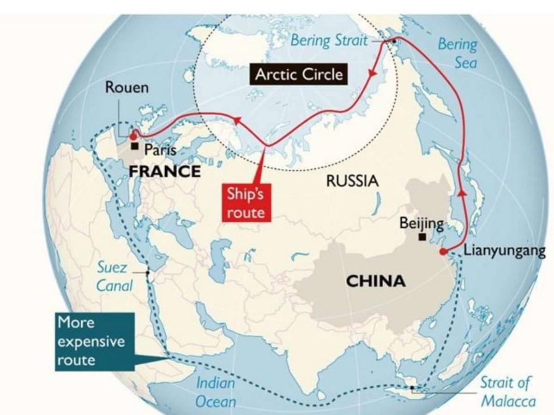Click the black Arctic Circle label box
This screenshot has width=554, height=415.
(x=299, y=74)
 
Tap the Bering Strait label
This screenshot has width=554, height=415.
(x=329, y=41)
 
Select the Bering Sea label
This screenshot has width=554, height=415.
(x=458, y=53)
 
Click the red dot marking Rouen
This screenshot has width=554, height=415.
(x=133, y=136)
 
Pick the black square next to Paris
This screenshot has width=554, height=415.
(x=135, y=147)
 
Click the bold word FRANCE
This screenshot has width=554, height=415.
(x=164, y=172)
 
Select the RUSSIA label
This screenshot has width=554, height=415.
(x=352, y=181)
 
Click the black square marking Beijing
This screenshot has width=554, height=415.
(x=422, y=237)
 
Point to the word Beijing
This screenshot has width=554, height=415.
(x=421, y=224)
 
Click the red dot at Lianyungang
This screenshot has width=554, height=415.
(x=443, y=252)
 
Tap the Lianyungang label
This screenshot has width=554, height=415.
(x=504, y=251)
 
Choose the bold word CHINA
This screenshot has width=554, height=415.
(x=376, y=280)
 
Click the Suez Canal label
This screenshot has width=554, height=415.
(x=114, y=277)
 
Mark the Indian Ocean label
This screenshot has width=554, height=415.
(x=216, y=392)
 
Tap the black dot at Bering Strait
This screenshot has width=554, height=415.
(x=394, y=41)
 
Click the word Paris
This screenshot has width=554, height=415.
(x=161, y=149)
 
